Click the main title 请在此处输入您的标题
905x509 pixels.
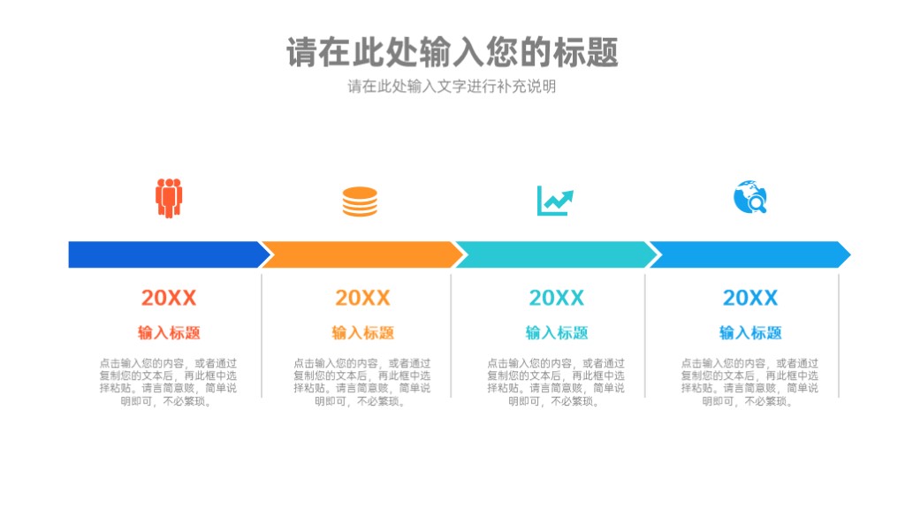tap(452, 52)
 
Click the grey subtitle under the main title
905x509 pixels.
tap(452, 87)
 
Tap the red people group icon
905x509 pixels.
tap(169, 198)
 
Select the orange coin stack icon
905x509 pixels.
tap(360, 201)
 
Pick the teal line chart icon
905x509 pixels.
tap(555, 201)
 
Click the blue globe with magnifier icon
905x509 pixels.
tap(749, 197)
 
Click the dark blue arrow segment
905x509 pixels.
tap(167, 254)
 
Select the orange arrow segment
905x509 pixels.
tap(362, 254)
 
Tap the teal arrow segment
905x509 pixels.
tap(557, 254)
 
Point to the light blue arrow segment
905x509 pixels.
tap(750, 254)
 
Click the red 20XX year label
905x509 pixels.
tap(169, 298)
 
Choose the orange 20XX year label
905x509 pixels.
tap(362, 298)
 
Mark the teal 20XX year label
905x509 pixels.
tap(557, 298)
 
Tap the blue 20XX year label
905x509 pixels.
tap(750, 298)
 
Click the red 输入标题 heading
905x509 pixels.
tap(169, 332)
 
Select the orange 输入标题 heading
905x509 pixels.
tap(362, 332)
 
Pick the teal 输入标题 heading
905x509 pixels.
tap(557, 332)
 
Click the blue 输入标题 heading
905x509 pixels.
tap(750, 332)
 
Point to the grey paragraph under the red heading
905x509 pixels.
tap(168, 382)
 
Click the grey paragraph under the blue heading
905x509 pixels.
tap(749, 382)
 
